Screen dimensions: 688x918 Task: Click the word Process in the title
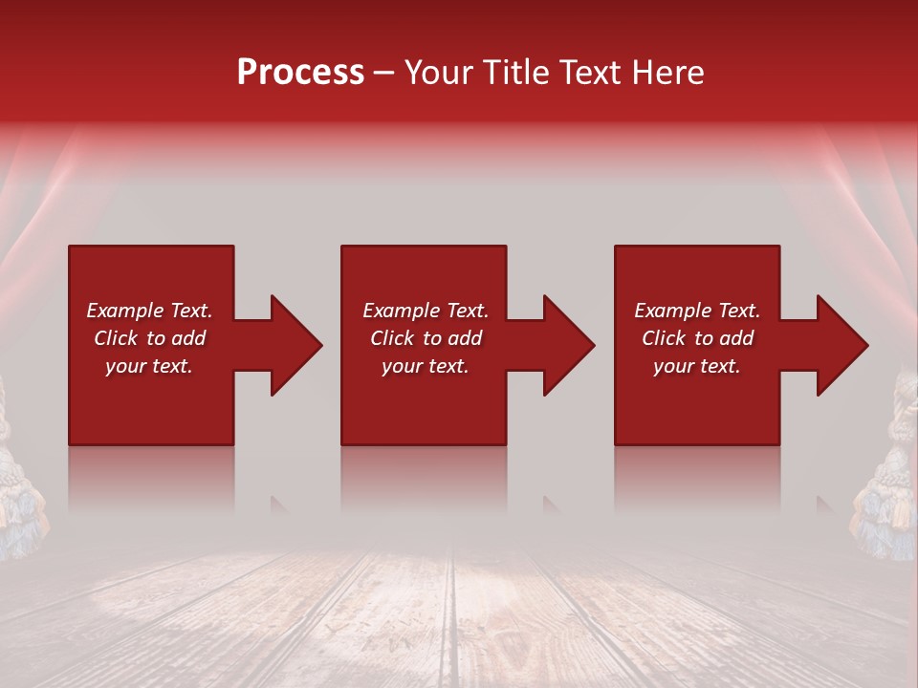click(300, 73)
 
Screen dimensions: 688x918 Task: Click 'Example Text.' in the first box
click(149, 311)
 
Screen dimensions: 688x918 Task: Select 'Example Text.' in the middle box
click(426, 311)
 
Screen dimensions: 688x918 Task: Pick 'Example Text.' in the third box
click(697, 311)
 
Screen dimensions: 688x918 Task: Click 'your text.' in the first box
click(149, 366)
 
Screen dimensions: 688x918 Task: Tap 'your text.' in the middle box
click(426, 366)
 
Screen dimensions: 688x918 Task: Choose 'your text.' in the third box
click(697, 366)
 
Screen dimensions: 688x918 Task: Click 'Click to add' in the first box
click(149, 338)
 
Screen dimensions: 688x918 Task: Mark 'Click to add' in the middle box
click(426, 338)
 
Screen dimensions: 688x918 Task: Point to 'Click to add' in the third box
click(697, 338)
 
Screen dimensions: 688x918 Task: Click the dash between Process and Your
click(383, 74)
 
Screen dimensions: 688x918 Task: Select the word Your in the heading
click(436, 73)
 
